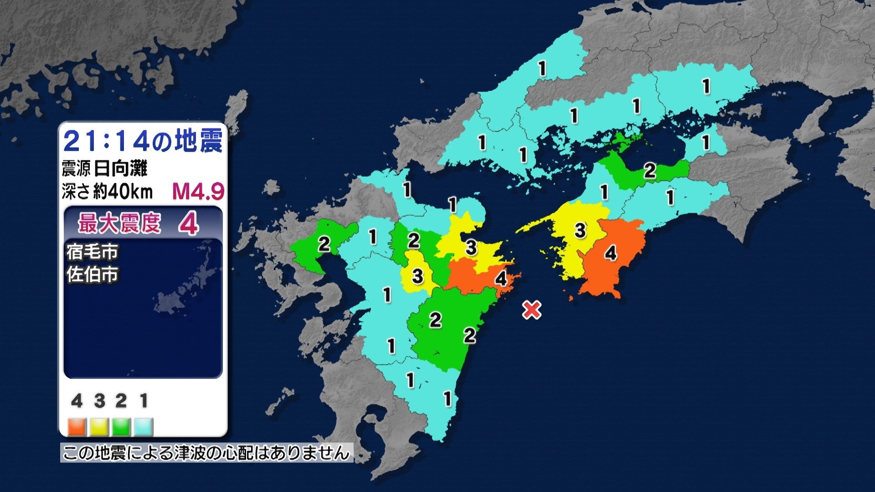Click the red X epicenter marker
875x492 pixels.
[531, 310]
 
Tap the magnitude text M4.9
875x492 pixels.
[198, 192]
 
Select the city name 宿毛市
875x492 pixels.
[93, 251]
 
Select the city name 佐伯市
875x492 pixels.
[93, 275]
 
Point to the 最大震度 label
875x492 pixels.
[119, 224]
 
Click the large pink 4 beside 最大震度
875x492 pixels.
[189, 224]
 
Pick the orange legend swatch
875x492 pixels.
[77, 427]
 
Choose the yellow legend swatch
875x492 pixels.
[99, 427]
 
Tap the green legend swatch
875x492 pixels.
[121, 427]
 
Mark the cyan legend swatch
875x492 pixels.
[144, 427]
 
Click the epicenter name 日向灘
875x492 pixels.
[121, 169]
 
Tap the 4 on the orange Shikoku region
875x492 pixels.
[611, 253]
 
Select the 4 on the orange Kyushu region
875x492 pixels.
[501, 278]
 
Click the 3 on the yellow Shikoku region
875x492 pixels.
[580, 231]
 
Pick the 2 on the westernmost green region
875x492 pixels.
[324, 245]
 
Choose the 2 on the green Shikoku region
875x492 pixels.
[649, 171]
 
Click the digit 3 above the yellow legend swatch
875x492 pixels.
[99, 401]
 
